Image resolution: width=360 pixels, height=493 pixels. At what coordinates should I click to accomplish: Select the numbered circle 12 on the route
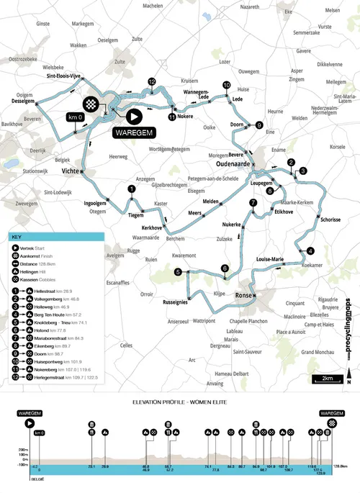(152, 82)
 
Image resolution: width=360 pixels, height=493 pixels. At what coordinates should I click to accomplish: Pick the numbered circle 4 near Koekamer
(310, 250)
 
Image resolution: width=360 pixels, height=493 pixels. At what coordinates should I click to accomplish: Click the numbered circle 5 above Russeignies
(177, 271)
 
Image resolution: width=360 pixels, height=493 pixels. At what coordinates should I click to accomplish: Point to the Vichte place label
(71, 172)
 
